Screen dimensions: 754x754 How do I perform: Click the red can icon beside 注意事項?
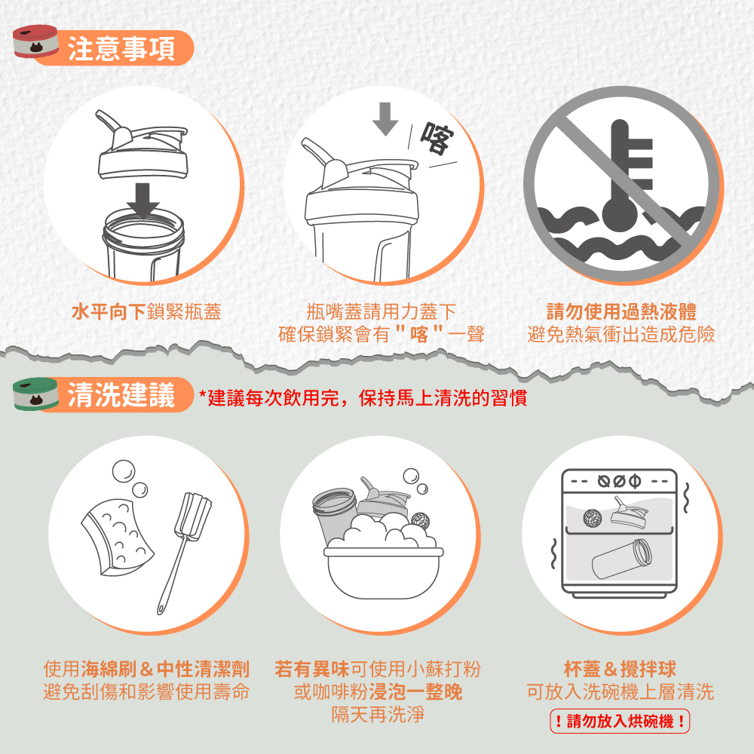(35, 41)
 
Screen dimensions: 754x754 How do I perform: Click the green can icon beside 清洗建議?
(35, 394)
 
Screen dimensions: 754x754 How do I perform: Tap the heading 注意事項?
(121, 48)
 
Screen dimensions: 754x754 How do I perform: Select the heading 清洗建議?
(121, 395)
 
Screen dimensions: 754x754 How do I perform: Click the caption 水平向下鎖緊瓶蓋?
(146, 311)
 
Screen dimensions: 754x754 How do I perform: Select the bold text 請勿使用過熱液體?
(621, 311)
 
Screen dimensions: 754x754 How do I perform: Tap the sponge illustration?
(118, 537)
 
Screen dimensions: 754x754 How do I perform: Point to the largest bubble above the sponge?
(124, 471)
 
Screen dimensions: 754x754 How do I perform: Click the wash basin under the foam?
(383, 573)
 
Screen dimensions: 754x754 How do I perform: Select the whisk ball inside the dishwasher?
(593, 517)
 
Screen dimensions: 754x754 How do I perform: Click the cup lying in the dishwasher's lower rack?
(622, 559)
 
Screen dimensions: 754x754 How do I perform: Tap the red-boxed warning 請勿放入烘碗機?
(620, 722)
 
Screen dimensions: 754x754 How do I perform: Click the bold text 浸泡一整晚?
(415, 691)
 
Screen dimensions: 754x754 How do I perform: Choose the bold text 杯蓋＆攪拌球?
(620, 669)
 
